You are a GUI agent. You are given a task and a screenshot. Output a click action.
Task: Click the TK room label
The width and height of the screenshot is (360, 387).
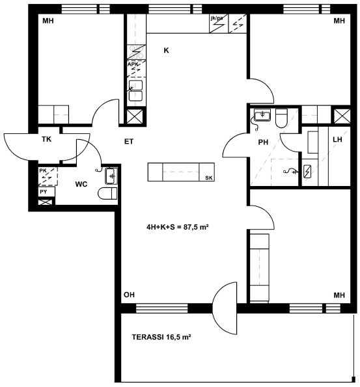46,139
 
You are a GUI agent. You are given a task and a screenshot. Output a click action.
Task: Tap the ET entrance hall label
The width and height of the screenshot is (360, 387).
129,142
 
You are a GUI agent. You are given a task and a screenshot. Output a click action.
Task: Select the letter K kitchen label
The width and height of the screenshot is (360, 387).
166,50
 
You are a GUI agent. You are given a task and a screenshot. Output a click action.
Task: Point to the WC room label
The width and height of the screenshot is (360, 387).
81,184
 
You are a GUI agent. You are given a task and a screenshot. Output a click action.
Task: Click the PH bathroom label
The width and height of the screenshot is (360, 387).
263,142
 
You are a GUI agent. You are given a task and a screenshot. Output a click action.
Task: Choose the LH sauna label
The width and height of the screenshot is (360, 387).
337,140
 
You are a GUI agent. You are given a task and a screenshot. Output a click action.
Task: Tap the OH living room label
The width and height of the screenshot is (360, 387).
130,295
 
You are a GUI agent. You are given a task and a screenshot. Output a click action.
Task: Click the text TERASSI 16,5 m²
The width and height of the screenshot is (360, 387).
161,337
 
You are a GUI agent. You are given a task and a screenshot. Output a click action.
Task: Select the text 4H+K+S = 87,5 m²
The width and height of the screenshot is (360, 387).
178,227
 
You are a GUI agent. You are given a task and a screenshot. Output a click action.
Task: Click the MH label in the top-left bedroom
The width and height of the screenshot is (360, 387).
48,21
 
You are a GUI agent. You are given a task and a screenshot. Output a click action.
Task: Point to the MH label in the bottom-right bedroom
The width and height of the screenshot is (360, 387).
339,295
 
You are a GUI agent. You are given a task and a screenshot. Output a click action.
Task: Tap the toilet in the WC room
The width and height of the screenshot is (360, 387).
107,193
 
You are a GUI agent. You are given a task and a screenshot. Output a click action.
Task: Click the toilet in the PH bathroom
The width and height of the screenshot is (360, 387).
281,118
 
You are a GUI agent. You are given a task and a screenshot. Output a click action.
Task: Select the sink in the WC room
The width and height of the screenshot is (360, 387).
111,176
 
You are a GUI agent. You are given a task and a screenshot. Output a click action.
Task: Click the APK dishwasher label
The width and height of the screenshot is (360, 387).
133,64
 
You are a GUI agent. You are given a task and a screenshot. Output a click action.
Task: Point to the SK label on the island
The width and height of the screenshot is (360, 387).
209,178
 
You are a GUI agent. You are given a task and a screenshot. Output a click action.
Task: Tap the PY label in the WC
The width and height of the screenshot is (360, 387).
44,192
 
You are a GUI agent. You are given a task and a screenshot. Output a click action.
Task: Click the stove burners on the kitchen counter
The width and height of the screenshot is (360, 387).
137,52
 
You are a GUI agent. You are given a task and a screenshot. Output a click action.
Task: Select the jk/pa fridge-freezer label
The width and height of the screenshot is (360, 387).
216,18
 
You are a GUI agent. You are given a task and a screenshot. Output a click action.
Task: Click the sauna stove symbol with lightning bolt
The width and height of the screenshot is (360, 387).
307,171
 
